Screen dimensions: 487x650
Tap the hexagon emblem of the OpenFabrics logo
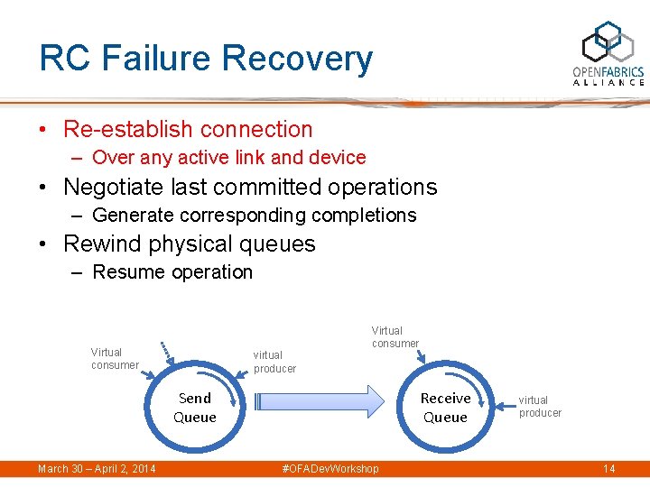[x=608, y=41]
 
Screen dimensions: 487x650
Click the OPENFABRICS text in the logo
[x=608, y=71]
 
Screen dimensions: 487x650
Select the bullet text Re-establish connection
[x=188, y=129]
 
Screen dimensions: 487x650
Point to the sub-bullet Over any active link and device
[x=228, y=158]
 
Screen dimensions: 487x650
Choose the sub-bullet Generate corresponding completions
[x=254, y=215]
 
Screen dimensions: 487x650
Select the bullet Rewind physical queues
[x=189, y=243]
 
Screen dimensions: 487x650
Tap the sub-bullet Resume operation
[x=172, y=272]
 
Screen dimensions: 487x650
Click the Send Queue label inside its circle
[x=195, y=408]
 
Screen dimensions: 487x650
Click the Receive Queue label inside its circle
[x=445, y=408]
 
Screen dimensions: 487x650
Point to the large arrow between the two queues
[x=320, y=401]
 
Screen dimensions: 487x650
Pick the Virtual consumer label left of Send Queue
[x=114, y=358]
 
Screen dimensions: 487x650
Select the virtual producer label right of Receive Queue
[x=540, y=407]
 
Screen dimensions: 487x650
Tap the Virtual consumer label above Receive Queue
[x=395, y=336]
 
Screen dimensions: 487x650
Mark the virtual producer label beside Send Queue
[x=274, y=362]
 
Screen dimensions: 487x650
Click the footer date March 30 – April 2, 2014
[x=97, y=468]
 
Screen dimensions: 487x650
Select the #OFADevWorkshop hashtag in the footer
[x=330, y=468]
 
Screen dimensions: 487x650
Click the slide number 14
[x=608, y=468]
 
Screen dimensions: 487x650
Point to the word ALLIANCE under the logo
[x=608, y=83]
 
